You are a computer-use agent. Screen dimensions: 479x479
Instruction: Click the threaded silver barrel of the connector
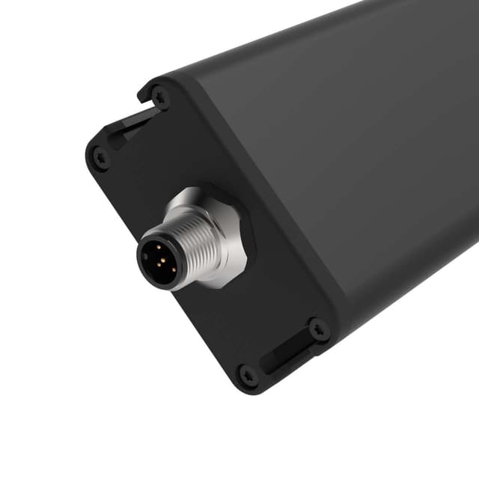click(x=198, y=241)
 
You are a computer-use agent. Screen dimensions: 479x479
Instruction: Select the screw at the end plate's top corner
click(x=159, y=96)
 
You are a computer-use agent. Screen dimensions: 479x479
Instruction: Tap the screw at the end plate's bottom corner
click(x=247, y=374)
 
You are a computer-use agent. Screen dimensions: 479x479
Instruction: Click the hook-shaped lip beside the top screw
click(x=144, y=94)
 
